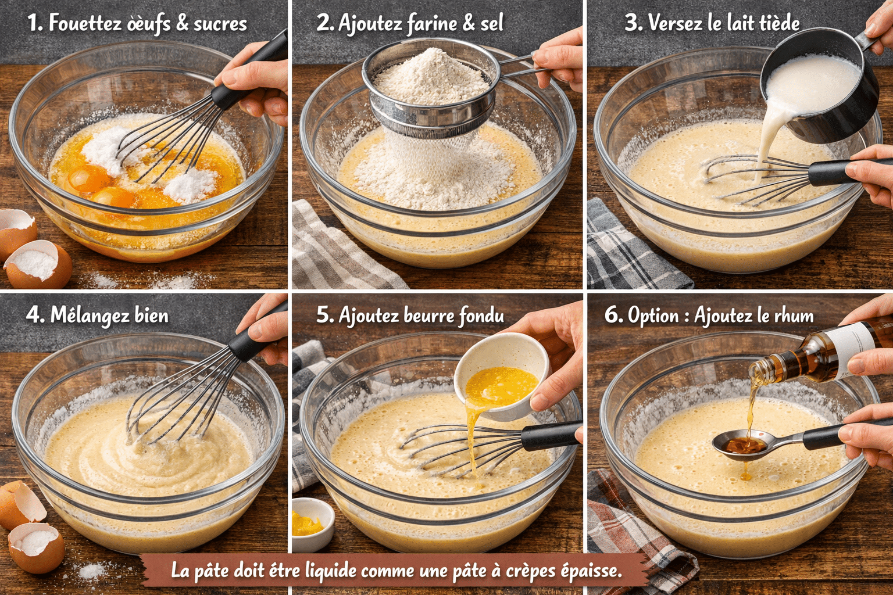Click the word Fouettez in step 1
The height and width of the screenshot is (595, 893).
(x=85, y=23)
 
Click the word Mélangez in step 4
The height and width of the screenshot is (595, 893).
(x=90, y=316)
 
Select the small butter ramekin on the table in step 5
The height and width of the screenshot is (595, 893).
(x=313, y=524)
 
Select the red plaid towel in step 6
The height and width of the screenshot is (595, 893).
(x=634, y=534)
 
